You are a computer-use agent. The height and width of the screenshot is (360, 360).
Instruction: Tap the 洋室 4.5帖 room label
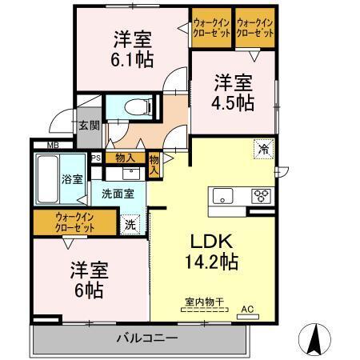click(x=233, y=92)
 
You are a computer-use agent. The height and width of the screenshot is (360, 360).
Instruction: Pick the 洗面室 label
click(x=106, y=194)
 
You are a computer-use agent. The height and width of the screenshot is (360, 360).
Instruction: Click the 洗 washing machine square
click(x=130, y=225)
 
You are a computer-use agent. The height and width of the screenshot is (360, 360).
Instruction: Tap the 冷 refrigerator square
click(x=262, y=148)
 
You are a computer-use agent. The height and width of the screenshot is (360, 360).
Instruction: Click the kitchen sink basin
click(x=222, y=195)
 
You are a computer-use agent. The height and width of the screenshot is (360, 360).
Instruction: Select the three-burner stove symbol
click(x=260, y=194)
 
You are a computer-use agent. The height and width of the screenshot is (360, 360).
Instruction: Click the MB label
click(x=52, y=145)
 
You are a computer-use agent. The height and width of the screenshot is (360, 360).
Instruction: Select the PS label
click(x=95, y=158)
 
